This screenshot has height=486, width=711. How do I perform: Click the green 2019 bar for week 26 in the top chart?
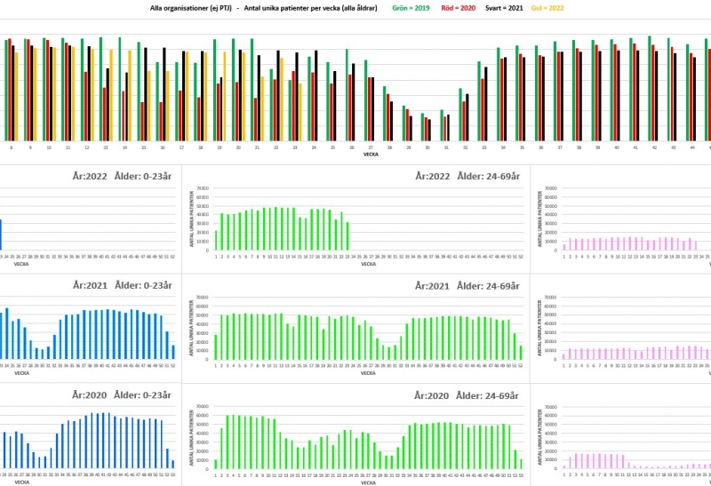[347, 100]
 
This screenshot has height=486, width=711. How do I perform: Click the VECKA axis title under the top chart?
[371, 155]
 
